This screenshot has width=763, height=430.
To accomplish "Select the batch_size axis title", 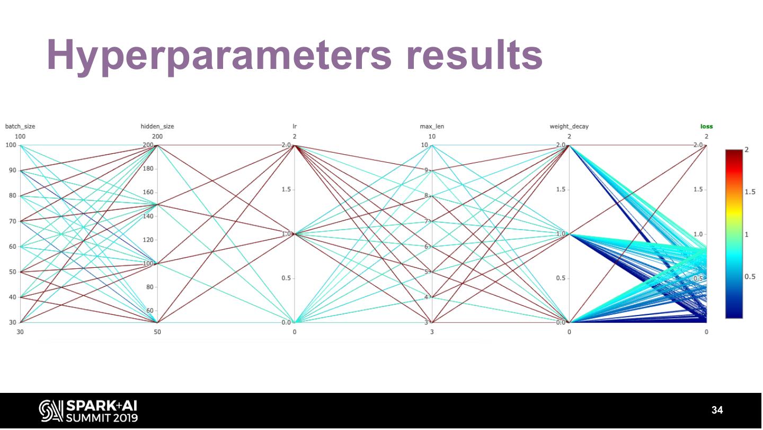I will click(x=20, y=126).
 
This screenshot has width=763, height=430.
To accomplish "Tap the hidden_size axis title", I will click(x=157, y=126).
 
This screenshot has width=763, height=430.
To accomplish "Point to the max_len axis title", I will click(x=432, y=126).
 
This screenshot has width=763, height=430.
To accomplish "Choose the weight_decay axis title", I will click(x=569, y=126).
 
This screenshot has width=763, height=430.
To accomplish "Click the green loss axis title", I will click(x=706, y=126).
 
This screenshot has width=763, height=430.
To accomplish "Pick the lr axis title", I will click(x=295, y=126).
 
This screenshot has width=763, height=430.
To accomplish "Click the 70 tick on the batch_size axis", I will click(x=10, y=221).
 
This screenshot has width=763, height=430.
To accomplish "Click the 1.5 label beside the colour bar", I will click(x=750, y=192).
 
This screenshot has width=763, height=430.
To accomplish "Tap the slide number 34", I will click(x=717, y=410).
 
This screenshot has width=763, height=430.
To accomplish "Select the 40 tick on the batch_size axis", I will click(x=10, y=297).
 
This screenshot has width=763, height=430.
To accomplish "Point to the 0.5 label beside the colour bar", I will click(x=750, y=276).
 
